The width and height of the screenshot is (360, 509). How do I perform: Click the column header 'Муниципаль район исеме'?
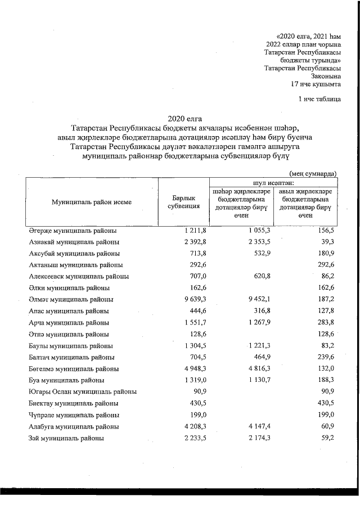coord(92,202)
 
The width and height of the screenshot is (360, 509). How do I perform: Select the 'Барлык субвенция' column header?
coord(184,202)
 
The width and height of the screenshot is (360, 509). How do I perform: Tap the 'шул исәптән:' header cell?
coord(273,182)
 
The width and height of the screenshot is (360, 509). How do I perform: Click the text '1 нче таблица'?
coord(319,99)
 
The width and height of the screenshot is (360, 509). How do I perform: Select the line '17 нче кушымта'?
coord(316,84)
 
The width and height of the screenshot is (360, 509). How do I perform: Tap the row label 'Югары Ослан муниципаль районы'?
coord(83,392)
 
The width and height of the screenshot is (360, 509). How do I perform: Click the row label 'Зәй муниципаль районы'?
coord(66,438)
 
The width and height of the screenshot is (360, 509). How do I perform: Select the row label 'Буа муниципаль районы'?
coord(66,381)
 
